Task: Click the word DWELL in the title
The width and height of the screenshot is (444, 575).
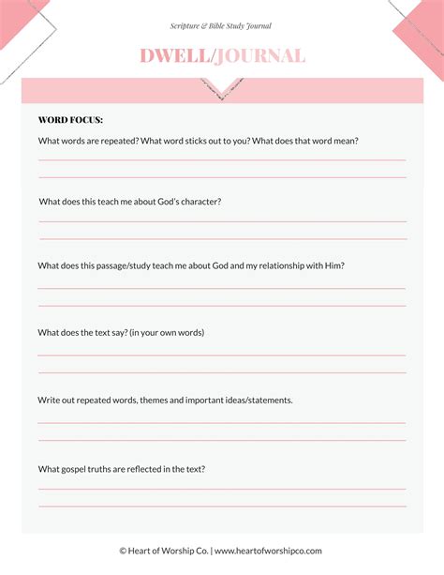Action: (x=175, y=56)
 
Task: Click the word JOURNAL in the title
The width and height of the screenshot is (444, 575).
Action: (x=260, y=56)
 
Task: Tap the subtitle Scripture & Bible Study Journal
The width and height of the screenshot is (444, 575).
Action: (x=221, y=26)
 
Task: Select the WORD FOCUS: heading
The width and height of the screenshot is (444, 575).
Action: (x=70, y=120)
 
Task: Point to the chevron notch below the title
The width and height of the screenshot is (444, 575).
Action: (x=222, y=90)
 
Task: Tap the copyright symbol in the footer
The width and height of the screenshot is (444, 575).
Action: (x=123, y=551)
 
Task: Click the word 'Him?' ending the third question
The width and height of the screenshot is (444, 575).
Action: (x=333, y=265)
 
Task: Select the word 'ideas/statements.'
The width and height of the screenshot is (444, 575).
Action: (x=253, y=400)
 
